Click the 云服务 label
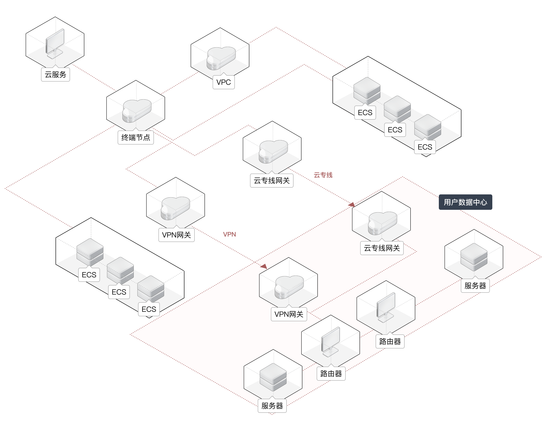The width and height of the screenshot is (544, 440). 55,75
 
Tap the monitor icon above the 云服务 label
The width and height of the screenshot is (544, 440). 55,43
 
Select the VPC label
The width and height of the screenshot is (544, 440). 223,82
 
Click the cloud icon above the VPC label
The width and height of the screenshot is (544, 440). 221,58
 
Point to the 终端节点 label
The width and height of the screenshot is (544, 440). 136,137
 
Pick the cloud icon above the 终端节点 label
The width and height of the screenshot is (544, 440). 137,111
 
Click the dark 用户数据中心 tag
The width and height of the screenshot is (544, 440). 465,202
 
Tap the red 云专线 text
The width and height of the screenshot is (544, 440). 323,175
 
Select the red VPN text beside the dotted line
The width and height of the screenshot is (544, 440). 229,234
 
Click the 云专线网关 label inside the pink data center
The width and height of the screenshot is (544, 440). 381,248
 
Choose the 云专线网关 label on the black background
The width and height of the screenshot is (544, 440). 272,180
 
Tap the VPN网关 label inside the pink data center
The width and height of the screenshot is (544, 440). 289,314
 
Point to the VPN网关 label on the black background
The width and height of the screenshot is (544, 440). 176,235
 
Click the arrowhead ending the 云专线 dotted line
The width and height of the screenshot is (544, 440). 352,204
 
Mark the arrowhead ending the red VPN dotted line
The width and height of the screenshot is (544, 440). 264,266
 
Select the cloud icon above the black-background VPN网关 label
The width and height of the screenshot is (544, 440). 175,208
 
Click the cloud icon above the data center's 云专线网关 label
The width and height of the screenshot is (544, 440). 382,223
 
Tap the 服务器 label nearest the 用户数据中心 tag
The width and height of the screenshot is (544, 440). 475,286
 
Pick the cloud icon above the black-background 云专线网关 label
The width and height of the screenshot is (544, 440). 273,151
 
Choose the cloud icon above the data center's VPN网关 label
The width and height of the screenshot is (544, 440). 289,287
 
